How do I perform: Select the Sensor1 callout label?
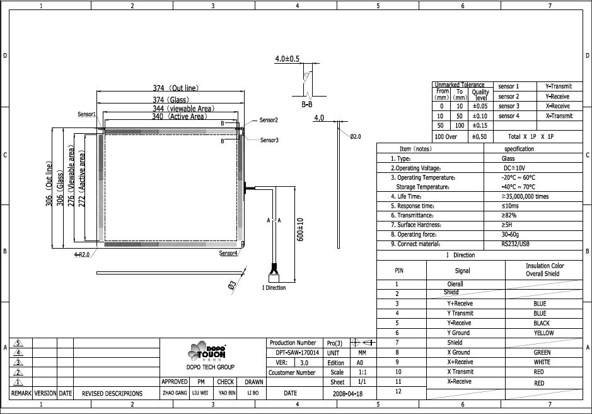(87, 115)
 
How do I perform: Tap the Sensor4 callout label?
(228, 253)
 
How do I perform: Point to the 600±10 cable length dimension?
(301, 230)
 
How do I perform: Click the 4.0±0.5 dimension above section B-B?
(287, 59)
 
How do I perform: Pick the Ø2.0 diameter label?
(355, 136)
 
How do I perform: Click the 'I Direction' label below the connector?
(274, 288)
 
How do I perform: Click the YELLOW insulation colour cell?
(543, 333)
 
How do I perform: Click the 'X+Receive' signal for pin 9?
(460, 362)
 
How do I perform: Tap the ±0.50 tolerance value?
(479, 136)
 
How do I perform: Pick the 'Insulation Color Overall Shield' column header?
(545, 270)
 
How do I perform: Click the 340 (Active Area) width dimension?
(179, 117)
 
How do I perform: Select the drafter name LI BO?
(253, 393)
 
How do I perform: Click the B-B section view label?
(307, 103)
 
